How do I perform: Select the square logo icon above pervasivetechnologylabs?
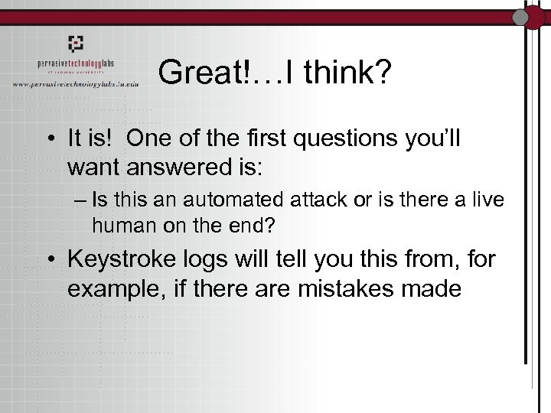(x=75, y=44)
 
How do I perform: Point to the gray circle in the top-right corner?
(x=521, y=17)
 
